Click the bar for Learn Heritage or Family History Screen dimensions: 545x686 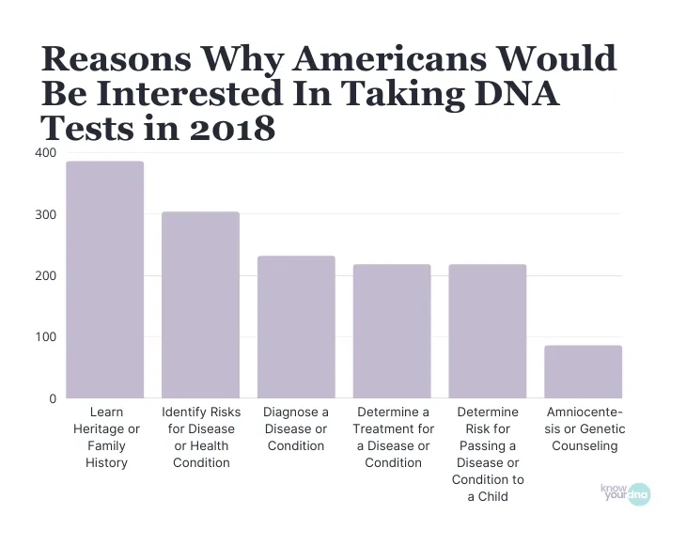coord(104,280)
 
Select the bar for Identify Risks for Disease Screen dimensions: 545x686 coord(200,305)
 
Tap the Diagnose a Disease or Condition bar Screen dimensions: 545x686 coord(296,327)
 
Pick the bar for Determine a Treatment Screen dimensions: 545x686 coord(392,332)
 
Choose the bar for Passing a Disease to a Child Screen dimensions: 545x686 coord(488,332)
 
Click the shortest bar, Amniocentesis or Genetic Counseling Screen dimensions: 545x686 coord(584,372)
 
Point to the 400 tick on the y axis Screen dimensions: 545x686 coord(45,153)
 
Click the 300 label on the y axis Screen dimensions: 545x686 coord(45,215)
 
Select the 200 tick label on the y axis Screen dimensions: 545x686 coord(45,276)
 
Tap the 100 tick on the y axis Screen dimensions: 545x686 coord(45,337)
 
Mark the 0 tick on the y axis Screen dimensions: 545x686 coord(53,399)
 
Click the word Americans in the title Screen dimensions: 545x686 coord(383,58)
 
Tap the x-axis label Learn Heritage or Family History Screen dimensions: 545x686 coord(106,437)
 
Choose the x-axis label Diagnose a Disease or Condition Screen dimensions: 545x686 coord(296,428)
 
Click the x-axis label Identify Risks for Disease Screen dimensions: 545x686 coord(201,437)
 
